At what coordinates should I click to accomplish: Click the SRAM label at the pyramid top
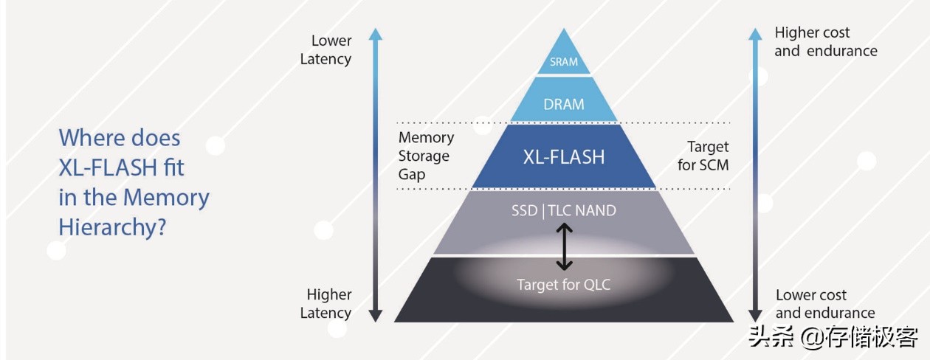564,62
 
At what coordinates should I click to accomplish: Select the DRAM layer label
564,104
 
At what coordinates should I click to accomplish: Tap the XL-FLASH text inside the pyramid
564,157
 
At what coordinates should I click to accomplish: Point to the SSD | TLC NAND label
564,211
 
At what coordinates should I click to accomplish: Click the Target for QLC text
564,285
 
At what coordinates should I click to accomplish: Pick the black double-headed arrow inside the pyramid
564,247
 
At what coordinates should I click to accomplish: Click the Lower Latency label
326,49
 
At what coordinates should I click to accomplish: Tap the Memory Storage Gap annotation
426,156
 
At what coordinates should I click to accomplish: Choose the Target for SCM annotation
703,156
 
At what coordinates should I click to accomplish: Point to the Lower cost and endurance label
824,304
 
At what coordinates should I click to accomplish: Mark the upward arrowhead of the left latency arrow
376,34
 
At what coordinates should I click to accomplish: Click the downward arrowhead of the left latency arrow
376,315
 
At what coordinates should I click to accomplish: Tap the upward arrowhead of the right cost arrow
755,34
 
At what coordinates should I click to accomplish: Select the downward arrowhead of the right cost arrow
755,315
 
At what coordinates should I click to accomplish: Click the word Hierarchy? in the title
111,228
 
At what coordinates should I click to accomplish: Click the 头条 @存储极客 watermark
833,338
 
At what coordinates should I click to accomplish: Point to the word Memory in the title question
166,198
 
